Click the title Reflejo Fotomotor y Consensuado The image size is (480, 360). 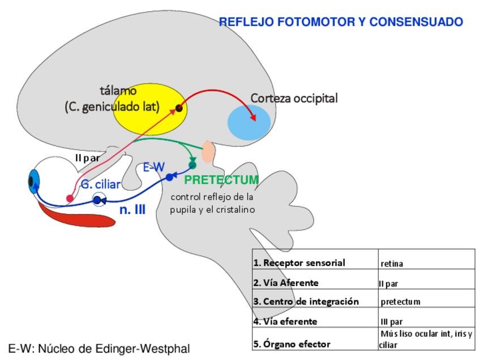(x=341, y=22)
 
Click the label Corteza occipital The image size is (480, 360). (x=294, y=98)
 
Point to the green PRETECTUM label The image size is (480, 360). (x=221, y=180)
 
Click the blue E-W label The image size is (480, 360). (x=153, y=167)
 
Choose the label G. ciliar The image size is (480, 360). (x=100, y=185)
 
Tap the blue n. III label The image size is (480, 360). (x=132, y=210)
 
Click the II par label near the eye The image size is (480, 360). (x=87, y=158)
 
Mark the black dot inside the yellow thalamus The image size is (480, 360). (x=179, y=108)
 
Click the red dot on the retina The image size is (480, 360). (x=70, y=198)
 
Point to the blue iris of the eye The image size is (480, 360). (x=34, y=182)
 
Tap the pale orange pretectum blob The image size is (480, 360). (x=208, y=152)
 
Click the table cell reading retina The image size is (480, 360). (x=392, y=263)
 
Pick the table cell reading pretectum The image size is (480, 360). (x=400, y=302)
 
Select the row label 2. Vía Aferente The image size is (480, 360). (x=286, y=282)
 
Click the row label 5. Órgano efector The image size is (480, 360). (x=292, y=344)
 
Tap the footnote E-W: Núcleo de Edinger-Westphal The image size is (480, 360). (x=99, y=349)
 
